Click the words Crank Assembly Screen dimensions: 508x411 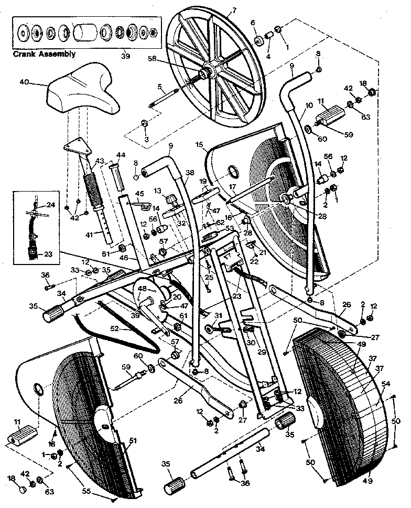(44, 54)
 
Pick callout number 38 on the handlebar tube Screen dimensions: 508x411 (189, 172)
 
